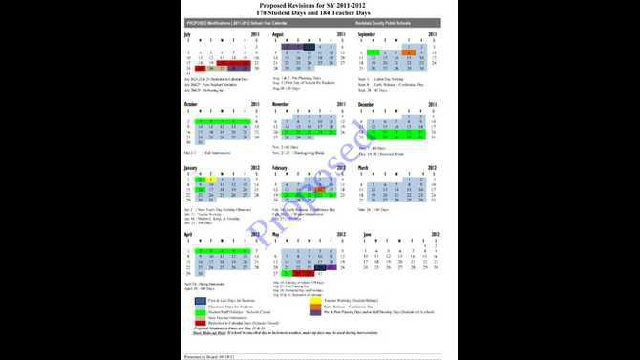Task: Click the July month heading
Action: tap(187, 33)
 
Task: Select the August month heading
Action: tap(278, 33)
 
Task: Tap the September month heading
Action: tap(368, 33)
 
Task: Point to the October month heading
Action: tap(190, 103)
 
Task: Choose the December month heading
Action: tap(368, 103)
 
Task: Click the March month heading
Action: tap(364, 166)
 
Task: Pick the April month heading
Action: tap(188, 232)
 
